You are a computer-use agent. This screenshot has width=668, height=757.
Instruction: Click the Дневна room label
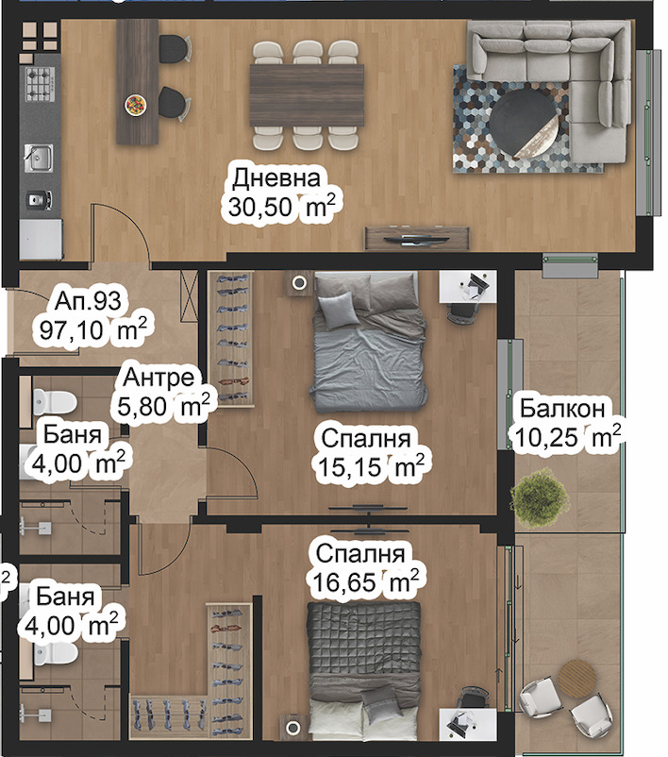click(276, 178)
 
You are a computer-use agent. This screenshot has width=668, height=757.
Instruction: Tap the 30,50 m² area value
click(281, 207)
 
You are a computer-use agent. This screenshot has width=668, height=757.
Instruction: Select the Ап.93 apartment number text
click(88, 301)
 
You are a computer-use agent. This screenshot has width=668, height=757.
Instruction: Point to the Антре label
click(159, 377)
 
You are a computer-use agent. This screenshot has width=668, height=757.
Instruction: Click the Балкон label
click(562, 409)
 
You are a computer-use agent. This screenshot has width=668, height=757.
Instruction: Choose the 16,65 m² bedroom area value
click(365, 581)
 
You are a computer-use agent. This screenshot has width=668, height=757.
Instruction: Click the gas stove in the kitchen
click(40, 84)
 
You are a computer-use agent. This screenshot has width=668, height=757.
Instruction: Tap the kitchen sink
click(39, 158)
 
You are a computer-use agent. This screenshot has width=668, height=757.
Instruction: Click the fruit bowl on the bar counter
click(136, 105)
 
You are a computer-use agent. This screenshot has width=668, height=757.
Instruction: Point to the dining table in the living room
click(307, 95)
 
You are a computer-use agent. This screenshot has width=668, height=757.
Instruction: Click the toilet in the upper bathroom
click(55, 402)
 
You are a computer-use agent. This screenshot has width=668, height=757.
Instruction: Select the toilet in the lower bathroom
click(55, 654)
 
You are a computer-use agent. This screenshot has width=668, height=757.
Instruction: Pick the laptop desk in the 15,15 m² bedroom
click(467, 286)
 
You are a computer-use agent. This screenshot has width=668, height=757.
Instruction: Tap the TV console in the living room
click(416, 238)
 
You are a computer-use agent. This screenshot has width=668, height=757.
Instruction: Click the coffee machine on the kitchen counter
click(39, 200)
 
